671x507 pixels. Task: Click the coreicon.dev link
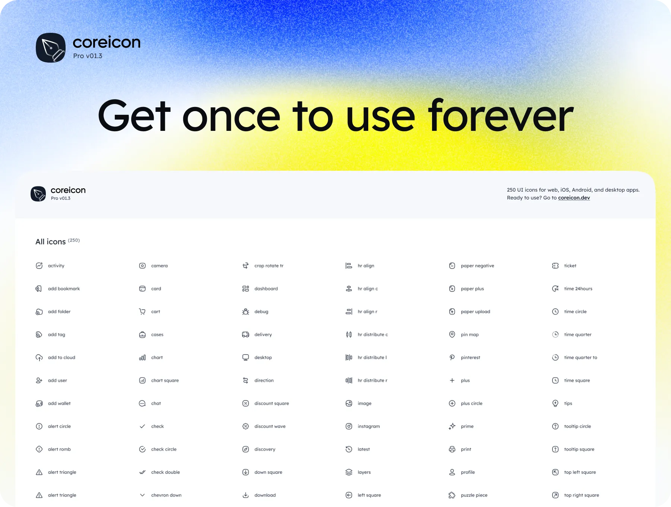(574, 198)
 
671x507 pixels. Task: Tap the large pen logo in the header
(51, 48)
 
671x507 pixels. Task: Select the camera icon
(142, 266)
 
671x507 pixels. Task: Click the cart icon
(142, 312)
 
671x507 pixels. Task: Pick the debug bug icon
(246, 312)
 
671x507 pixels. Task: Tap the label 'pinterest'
(470, 358)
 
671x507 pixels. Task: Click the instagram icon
(349, 426)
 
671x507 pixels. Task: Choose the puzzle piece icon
(452, 495)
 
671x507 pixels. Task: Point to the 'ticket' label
(570, 266)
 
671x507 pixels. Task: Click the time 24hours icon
(555, 289)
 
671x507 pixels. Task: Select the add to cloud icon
(39, 358)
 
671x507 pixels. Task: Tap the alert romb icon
(39, 449)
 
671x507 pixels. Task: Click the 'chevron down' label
(166, 495)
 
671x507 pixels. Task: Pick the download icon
(246, 495)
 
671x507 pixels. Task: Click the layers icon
(349, 472)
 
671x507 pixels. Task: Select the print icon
(452, 449)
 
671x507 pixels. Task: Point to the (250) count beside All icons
(74, 240)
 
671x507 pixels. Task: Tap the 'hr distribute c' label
(373, 335)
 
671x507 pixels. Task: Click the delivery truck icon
(246, 335)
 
